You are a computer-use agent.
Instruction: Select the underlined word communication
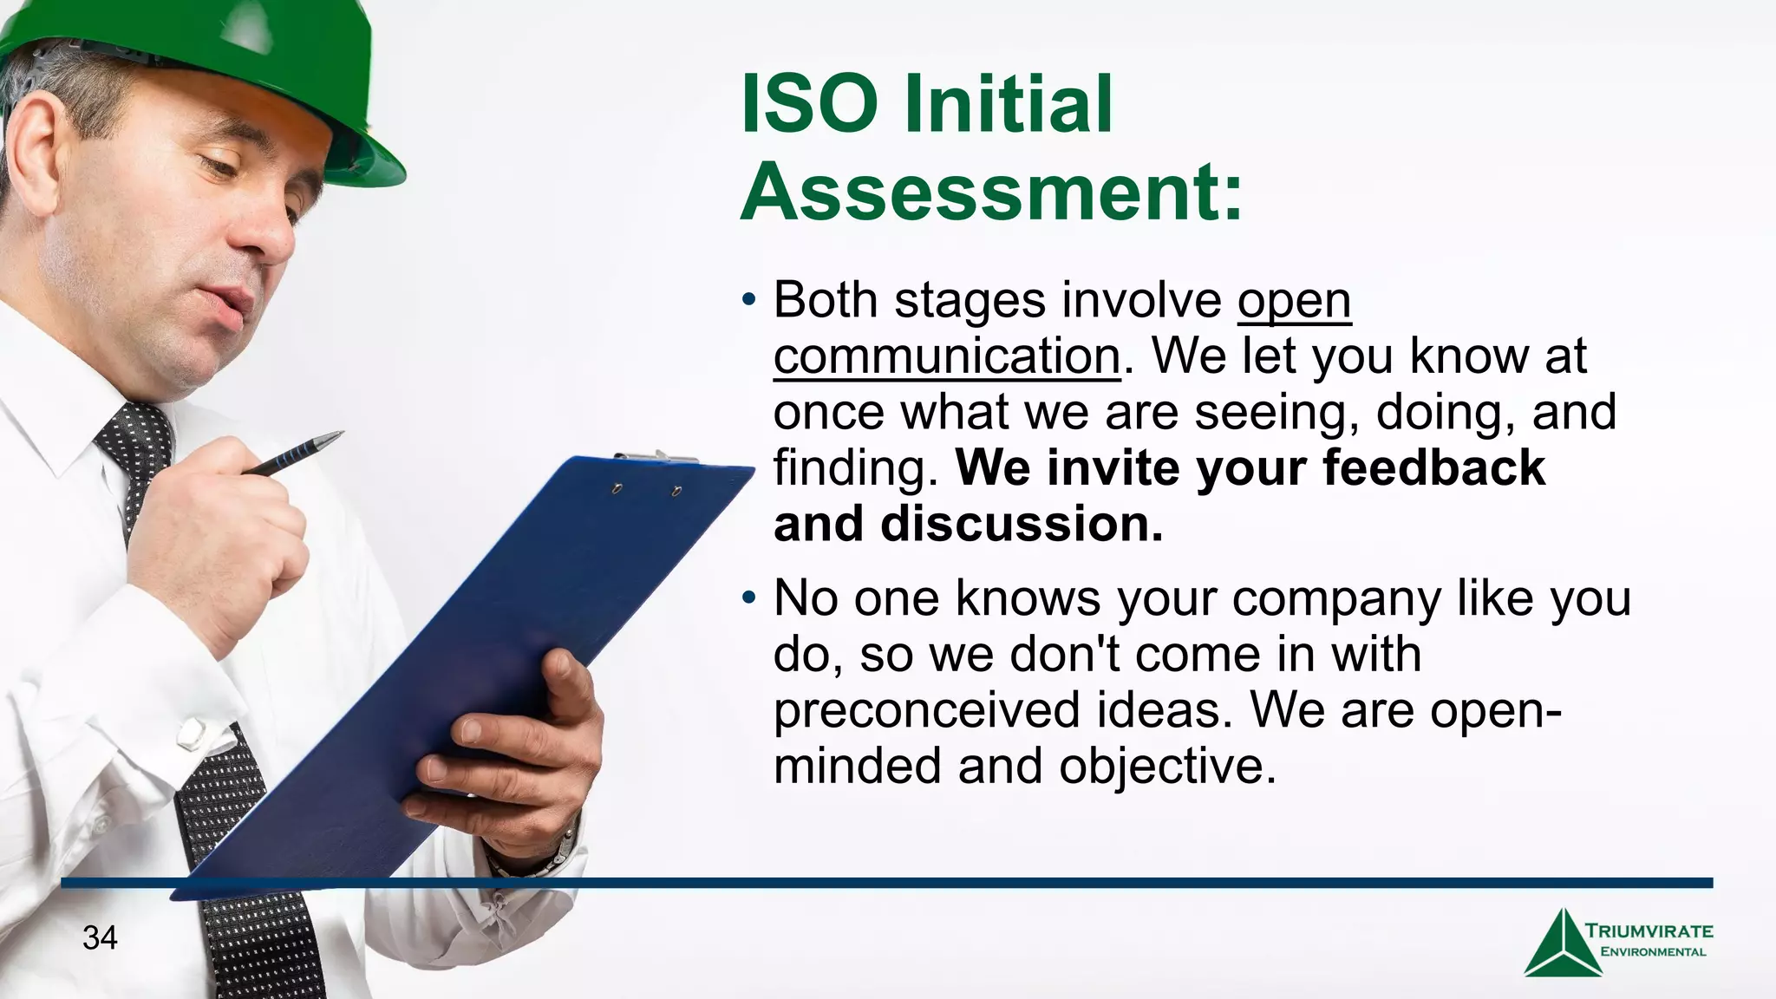pos(946,356)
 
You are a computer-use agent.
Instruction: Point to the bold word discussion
pos(1021,525)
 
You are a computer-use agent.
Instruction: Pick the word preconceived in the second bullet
pos(927,710)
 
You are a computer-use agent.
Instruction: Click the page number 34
pos(100,937)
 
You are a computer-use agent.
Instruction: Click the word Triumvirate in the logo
pos(1649,931)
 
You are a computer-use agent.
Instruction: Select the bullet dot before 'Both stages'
pos(749,300)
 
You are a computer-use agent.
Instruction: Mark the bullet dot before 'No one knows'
pos(749,598)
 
